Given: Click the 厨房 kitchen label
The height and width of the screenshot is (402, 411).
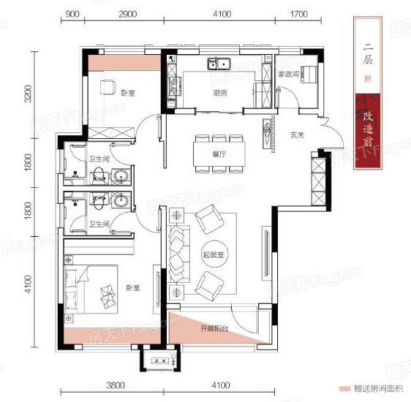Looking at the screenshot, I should [x=219, y=93].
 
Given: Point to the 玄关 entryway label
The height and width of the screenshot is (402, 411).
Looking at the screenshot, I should [x=295, y=134].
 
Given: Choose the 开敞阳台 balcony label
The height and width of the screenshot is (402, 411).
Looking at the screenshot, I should [x=214, y=329].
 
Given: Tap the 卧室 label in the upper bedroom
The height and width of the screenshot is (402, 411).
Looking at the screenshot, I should [x=129, y=93].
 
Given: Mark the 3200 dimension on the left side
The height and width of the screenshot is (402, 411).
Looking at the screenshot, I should [x=28, y=94].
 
